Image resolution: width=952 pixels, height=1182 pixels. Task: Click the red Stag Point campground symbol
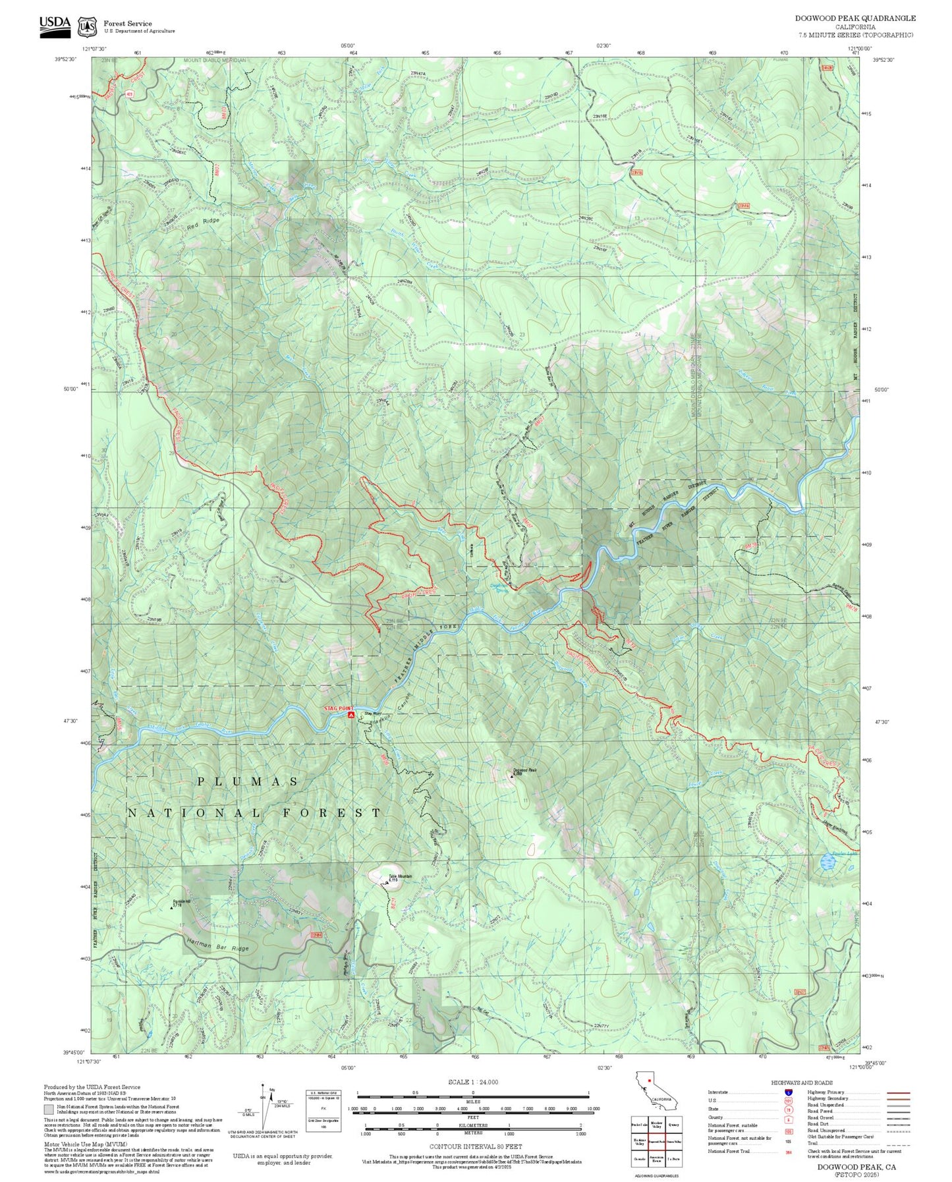(x=351, y=714)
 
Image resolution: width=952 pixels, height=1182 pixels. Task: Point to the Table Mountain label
(x=399, y=876)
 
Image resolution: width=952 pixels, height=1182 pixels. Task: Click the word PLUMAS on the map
(x=248, y=781)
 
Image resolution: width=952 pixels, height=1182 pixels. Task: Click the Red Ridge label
(x=202, y=224)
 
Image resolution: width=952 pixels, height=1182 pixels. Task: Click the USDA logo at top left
(x=55, y=26)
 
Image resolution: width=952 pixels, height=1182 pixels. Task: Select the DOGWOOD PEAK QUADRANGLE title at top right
(x=855, y=18)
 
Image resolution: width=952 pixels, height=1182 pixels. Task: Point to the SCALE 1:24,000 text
(x=473, y=1082)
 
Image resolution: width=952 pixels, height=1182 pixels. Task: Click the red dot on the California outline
(x=649, y=1081)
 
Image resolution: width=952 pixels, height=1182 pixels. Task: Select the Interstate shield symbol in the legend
(x=788, y=1092)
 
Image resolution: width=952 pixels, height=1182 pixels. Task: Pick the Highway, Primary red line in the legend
(x=899, y=1092)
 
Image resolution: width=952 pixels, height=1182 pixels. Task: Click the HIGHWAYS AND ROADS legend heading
(x=802, y=1083)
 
